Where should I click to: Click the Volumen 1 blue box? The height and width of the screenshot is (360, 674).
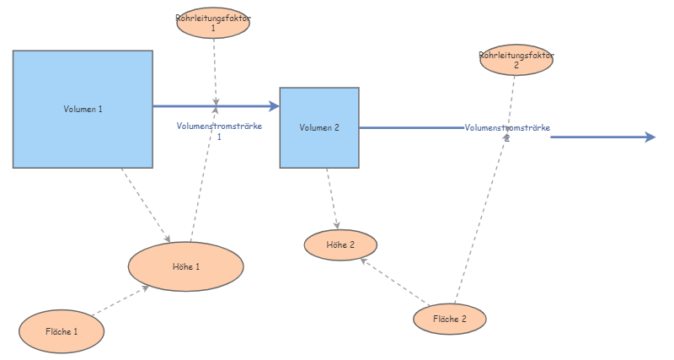tap(83, 109)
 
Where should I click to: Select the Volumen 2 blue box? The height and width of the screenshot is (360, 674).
tap(319, 127)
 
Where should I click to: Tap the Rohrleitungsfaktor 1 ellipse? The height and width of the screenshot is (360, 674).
tap(213, 22)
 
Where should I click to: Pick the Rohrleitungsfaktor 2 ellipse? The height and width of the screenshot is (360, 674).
tap(516, 61)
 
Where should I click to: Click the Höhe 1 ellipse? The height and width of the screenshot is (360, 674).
tap(186, 266)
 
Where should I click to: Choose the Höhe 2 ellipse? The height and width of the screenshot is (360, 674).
tap(340, 244)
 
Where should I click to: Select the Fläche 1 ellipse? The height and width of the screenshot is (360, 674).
tap(62, 332)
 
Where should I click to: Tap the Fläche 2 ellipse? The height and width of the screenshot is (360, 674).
tap(450, 320)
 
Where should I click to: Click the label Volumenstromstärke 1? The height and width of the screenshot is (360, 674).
tap(219, 131)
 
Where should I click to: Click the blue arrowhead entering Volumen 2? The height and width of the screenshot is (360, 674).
tap(274, 106)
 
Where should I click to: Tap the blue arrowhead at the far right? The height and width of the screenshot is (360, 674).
tap(650, 137)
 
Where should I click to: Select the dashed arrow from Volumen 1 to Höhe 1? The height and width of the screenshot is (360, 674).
tap(146, 203)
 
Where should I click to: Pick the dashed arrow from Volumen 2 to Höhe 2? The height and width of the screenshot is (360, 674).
tap(333, 199)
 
